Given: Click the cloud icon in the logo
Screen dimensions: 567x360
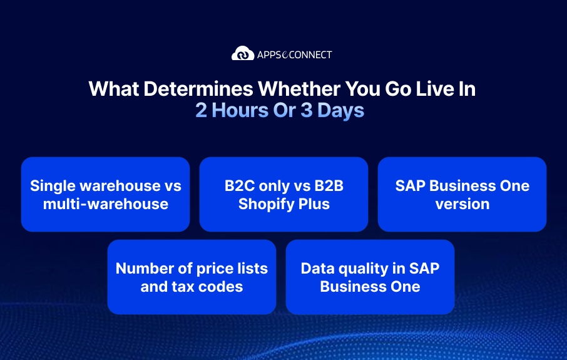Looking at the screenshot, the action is tap(243, 53).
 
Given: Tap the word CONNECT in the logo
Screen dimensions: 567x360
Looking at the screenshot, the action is tap(310, 55).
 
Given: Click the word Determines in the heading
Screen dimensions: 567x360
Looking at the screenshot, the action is tap(198, 89).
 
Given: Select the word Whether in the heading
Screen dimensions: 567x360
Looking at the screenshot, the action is tap(299, 89).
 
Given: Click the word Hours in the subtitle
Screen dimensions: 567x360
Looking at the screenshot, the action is tap(240, 110).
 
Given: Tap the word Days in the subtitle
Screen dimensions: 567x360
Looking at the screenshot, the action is tap(340, 111).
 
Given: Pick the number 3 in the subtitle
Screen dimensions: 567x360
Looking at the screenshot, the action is tap(306, 110).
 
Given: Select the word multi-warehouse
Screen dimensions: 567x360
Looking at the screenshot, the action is tap(106, 204).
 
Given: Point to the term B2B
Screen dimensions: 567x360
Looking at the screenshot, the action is tap(329, 186).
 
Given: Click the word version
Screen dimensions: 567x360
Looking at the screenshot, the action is tap(462, 205).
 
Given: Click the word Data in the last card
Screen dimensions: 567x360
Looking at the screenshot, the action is tap(316, 269).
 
